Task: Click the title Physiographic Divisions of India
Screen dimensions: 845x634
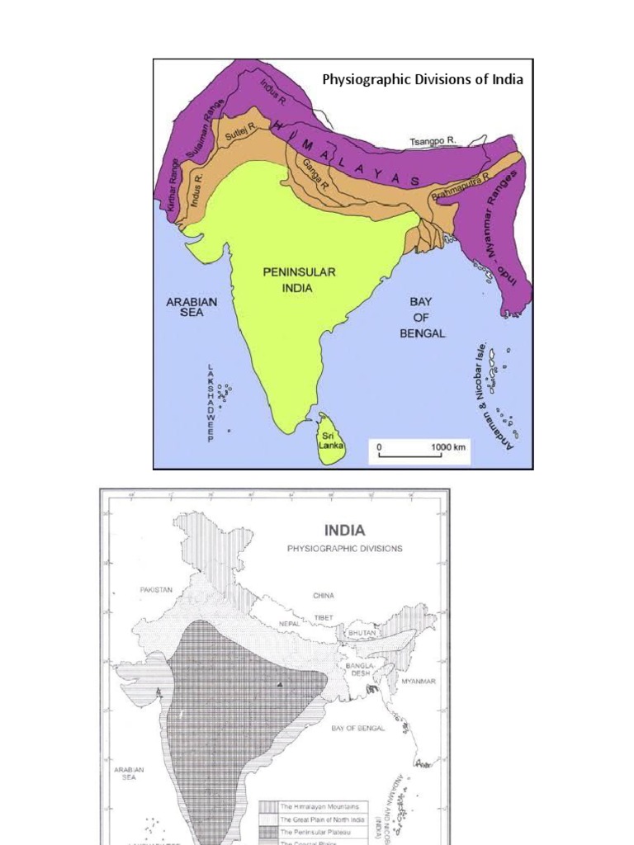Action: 422,80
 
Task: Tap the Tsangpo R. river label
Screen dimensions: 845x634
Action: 433,142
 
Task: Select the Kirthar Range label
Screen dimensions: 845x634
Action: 173,193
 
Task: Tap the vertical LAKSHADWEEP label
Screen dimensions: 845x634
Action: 211,404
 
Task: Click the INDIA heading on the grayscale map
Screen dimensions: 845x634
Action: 345,530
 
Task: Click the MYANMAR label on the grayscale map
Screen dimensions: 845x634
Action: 418,682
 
